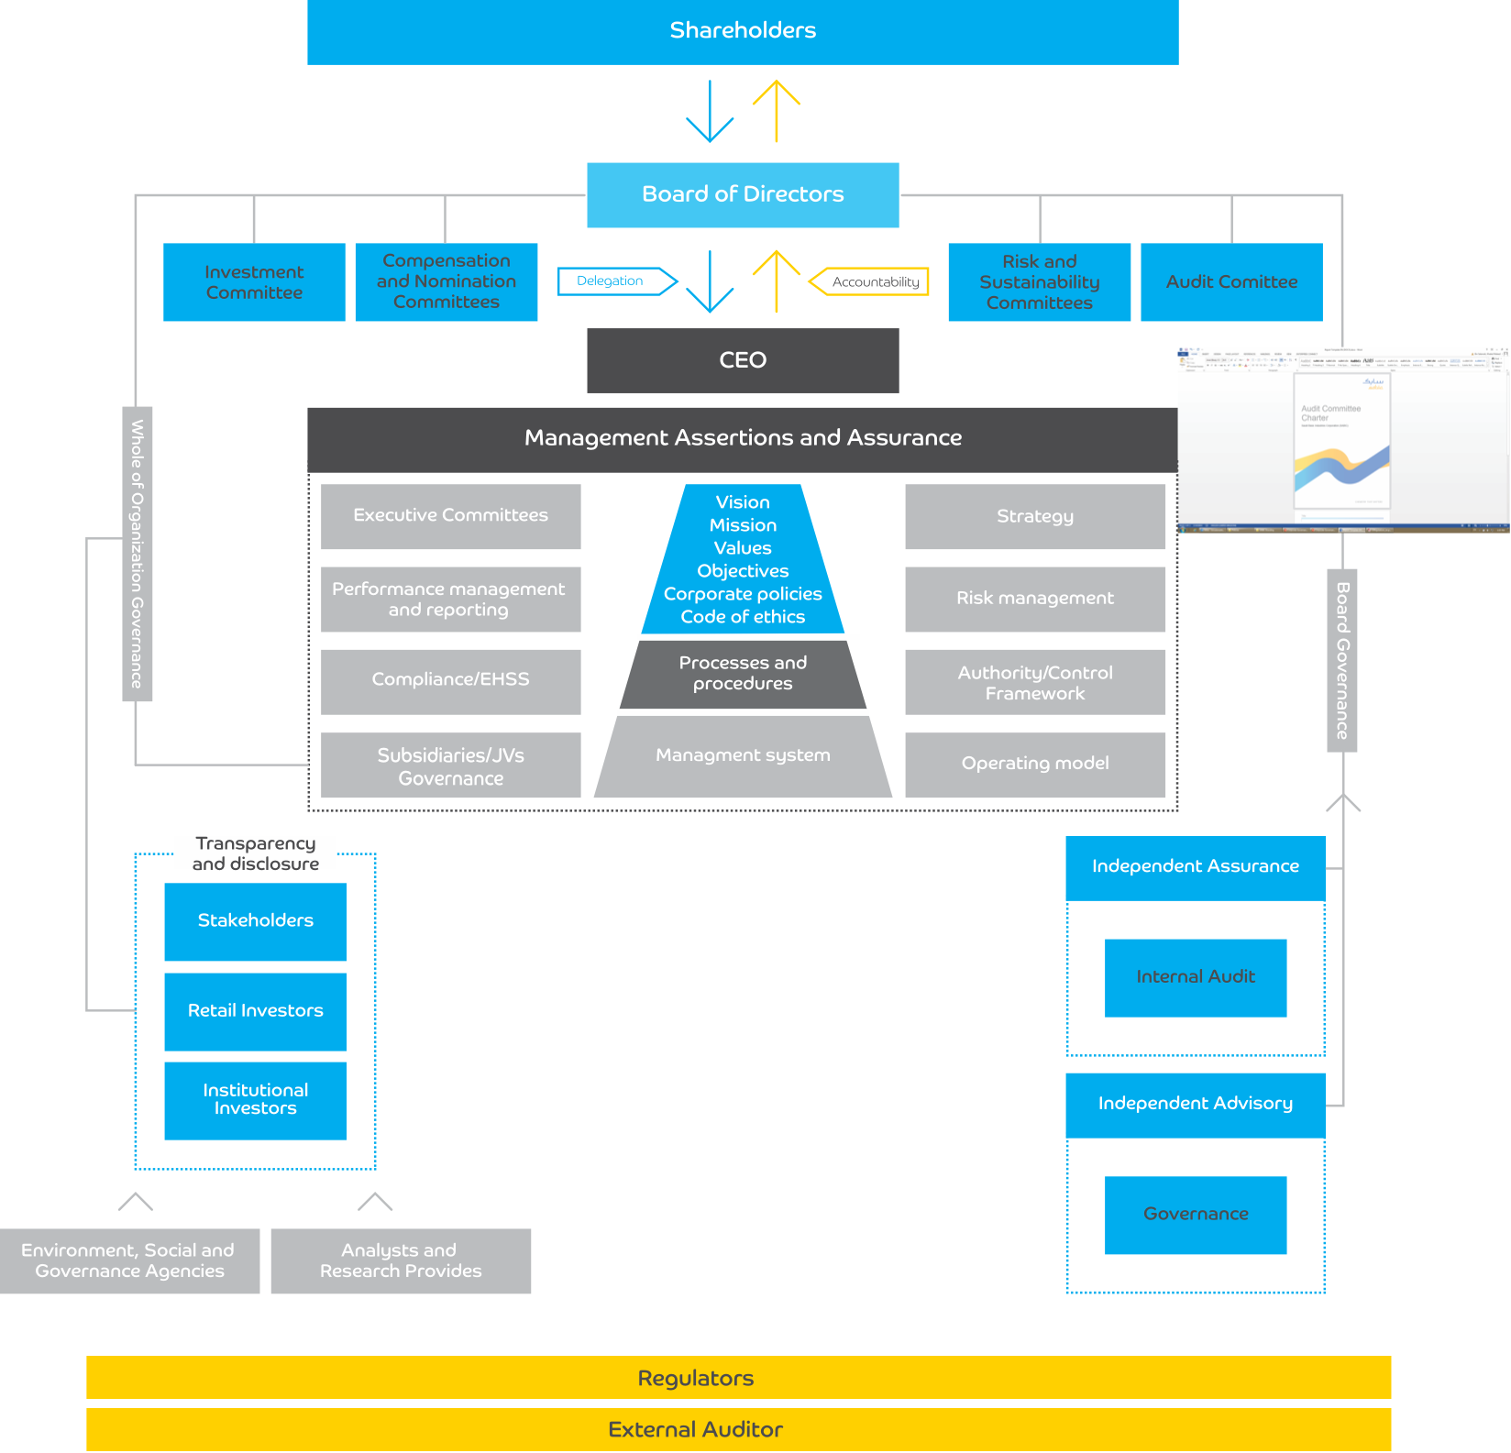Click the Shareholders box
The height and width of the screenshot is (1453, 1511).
point(743,31)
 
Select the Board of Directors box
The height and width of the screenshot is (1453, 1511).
point(743,194)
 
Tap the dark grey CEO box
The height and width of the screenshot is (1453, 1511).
point(743,360)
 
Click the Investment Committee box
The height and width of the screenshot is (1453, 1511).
point(254,282)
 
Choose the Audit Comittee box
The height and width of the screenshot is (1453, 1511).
point(1231,282)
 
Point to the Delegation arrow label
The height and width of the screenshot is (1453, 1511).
point(612,281)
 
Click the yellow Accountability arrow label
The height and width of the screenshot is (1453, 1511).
point(873,282)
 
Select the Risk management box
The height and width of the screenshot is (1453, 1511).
point(1035,599)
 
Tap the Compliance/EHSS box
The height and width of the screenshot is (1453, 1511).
point(450,680)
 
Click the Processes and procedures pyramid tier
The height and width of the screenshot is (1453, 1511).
point(743,674)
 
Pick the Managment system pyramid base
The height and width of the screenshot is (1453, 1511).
point(743,756)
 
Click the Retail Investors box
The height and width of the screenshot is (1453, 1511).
point(255,1011)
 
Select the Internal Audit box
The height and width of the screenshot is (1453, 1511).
point(1196,977)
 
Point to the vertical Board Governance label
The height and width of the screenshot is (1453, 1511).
point(1342,660)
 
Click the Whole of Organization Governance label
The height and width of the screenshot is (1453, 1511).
point(138,554)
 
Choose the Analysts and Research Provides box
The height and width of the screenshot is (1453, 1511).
point(401,1260)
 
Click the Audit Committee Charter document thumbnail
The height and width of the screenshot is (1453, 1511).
point(1342,440)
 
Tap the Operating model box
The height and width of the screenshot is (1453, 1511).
point(1035,764)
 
